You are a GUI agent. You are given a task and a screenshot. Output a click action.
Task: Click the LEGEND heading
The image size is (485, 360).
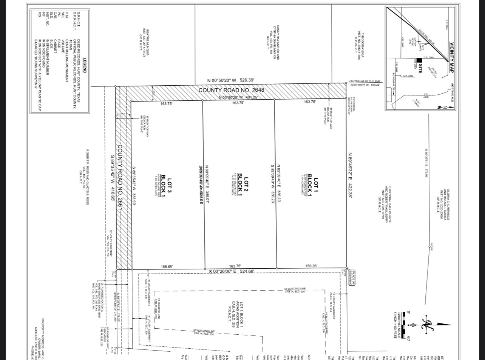[85, 65]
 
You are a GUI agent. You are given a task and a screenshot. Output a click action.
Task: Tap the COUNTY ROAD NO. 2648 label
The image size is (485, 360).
[232, 90]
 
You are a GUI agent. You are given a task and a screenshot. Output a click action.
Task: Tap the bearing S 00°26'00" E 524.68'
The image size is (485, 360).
[232, 271]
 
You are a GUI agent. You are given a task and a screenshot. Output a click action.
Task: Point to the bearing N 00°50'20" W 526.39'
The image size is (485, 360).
[231, 80]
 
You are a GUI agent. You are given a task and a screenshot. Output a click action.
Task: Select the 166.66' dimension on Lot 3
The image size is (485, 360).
[167, 266]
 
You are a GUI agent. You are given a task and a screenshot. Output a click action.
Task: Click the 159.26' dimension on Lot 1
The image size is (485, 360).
[311, 266]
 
